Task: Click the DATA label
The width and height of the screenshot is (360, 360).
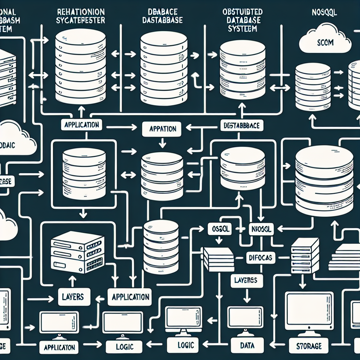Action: (x=247, y=345)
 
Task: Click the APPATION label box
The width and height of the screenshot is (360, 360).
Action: (x=162, y=129)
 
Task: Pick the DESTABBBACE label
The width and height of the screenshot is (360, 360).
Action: (x=242, y=126)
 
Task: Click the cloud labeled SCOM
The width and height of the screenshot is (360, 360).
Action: (x=325, y=43)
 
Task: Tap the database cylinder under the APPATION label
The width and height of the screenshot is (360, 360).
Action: (x=162, y=172)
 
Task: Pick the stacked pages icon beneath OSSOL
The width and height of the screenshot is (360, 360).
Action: (x=219, y=259)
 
